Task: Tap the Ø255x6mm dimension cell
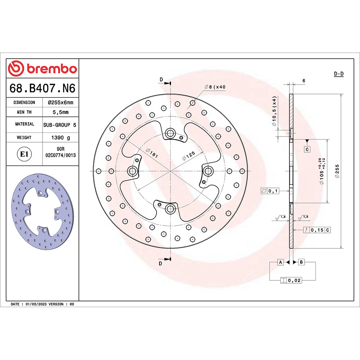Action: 60,103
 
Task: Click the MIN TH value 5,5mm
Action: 60,112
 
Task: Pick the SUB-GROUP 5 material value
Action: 60,124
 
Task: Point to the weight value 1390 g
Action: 60,138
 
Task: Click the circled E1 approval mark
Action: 24,154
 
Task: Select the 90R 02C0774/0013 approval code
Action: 60,152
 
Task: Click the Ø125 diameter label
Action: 189,156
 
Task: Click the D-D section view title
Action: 338,74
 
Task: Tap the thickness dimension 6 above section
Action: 304,81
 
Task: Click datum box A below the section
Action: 280,262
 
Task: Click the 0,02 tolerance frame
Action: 291,280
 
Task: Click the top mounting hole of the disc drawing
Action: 170,134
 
